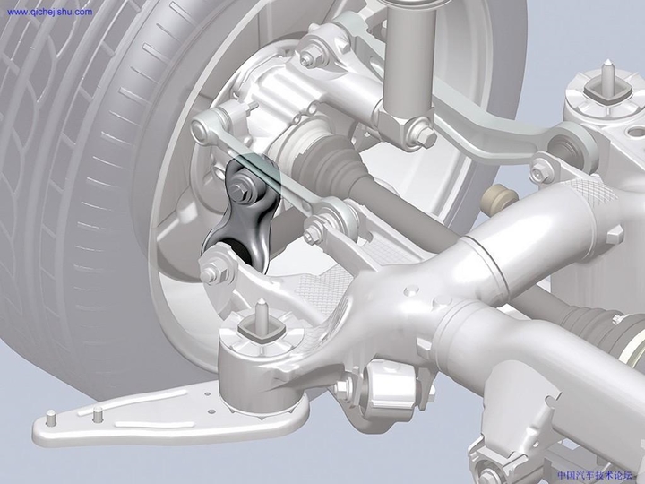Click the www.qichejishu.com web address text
(48, 12)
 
